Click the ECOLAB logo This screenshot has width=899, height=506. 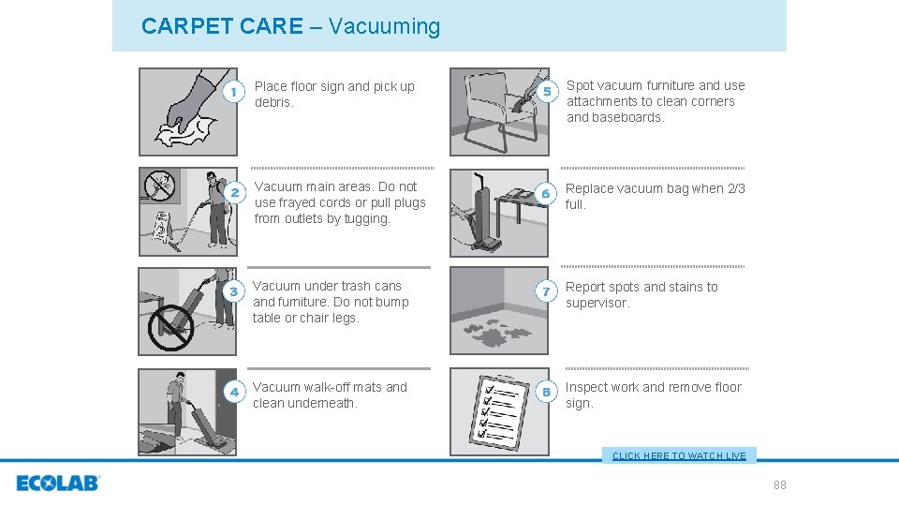point(57,484)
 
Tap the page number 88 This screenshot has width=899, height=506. point(779,484)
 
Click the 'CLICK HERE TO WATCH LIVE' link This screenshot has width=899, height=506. point(679,455)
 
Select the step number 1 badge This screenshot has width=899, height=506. point(235,92)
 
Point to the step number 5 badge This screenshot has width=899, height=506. point(547,91)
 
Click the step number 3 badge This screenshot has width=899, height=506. point(234,291)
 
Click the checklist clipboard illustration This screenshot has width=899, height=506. point(498,411)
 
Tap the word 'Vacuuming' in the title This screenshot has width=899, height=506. point(384,26)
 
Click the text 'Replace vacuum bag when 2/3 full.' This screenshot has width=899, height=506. point(655,196)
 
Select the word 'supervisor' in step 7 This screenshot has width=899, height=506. point(597,303)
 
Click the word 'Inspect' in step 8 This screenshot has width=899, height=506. point(587,387)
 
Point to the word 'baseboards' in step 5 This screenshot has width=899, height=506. point(628,117)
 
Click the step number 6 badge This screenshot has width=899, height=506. point(547,193)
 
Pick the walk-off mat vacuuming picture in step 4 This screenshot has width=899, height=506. point(188,411)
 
